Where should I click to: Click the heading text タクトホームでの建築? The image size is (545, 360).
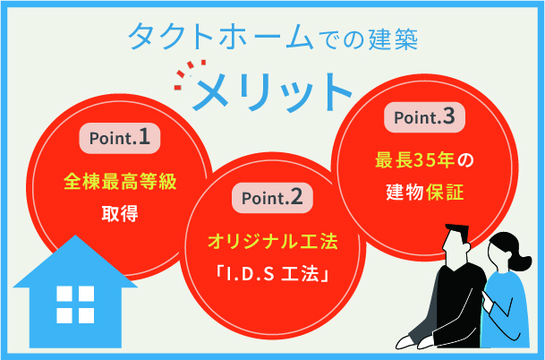pyautogui.click(x=272, y=38)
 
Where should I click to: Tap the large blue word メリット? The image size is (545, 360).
pyautogui.click(x=273, y=88)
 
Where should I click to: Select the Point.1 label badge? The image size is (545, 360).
pyautogui.click(x=120, y=138)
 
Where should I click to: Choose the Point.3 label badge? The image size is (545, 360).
pyautogui.click(x=425, y=117)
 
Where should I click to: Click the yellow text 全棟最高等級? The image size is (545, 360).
pyautogui.click(x=120, y=180)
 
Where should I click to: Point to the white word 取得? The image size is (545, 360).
pyautogui.click(x=120, y=215)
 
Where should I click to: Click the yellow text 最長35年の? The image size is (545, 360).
pyautogui.click(x=425, y=161)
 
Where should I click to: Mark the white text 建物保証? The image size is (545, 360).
pyautogui.click(x=425, y=191)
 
